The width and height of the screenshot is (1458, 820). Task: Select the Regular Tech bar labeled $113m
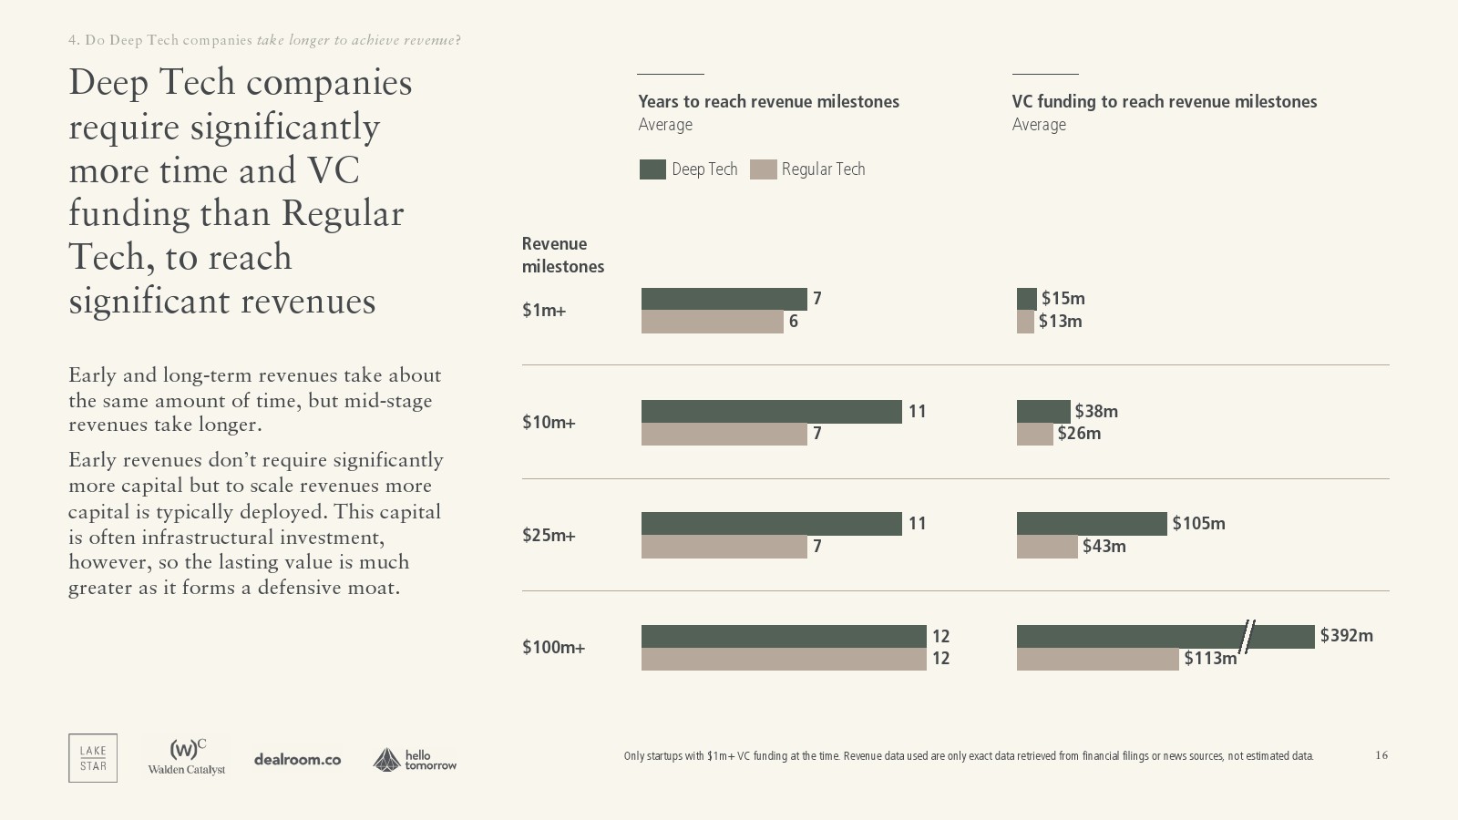point(1097,659)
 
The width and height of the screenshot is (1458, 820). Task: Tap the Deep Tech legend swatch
point(652,169)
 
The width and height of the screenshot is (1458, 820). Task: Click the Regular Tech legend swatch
point(763,169)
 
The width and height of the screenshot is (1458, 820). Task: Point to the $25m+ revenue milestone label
point(549,535)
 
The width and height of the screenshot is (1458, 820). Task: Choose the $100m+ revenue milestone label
point(553,647)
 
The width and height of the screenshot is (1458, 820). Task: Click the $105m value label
point(1198,523)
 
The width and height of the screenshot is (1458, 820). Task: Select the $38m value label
point(1096,411)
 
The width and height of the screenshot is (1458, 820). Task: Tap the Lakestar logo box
point(93,758)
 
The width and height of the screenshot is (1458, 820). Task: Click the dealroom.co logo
point(297,759)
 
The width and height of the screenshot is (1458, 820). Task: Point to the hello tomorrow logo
point(415,760)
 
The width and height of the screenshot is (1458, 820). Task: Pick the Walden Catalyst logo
point(187,757)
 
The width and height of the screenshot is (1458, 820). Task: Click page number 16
point(1381,755)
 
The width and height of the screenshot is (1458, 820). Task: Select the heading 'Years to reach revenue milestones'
point(768,101)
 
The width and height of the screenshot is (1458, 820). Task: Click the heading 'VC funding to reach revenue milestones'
point(1164,101)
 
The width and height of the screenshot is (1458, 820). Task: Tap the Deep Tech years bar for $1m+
point(724,299)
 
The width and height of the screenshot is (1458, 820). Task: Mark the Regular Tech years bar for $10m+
point(724,434)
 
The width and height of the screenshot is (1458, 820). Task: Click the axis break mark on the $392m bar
point(1248,636)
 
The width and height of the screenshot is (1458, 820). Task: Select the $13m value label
point(1060,321)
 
